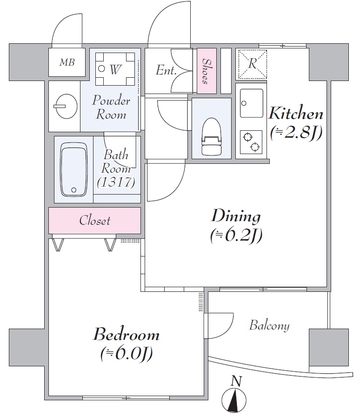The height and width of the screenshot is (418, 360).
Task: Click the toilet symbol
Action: pos(211,136)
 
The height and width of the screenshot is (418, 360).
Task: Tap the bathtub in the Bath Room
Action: pos(74,169)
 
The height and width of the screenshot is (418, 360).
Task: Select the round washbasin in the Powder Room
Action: pos(65,106)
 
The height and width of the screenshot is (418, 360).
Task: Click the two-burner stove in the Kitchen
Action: pos(251,142)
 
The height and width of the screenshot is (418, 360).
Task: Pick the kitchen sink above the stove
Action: pos(251,103)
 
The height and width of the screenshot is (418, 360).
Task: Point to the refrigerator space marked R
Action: pos(252,64)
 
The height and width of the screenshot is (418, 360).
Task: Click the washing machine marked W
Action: pos(115,69)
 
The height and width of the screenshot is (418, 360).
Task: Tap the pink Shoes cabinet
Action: pos(207,71)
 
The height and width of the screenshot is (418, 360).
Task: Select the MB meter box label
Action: pos(67,62)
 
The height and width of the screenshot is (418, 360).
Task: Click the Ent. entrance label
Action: pos(166,70)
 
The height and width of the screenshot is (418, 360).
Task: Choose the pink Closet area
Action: pos(94,221)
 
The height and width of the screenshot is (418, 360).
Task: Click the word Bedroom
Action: pos(126,335)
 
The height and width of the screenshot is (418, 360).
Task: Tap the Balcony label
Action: pos(269,325)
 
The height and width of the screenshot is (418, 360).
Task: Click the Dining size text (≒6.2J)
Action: pos(236,236)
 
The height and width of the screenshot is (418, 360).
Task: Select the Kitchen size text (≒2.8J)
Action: pos(296,133)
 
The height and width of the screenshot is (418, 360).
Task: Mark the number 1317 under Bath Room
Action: pos(116,182)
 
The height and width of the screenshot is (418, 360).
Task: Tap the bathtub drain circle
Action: pos(74,190)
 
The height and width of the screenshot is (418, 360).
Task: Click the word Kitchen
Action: pos(296,114)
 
